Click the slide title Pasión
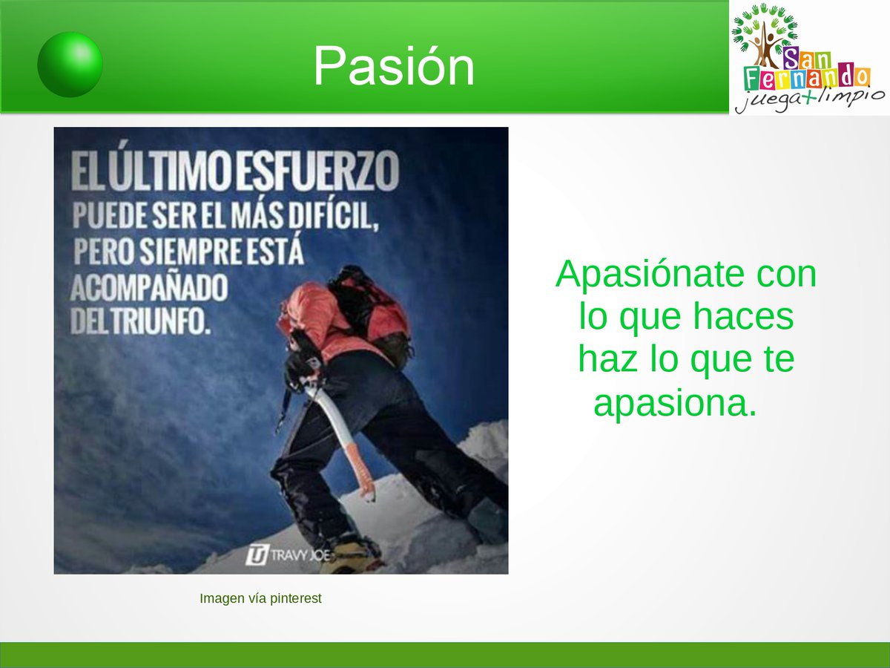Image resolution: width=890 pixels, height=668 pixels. [x=393, y=67]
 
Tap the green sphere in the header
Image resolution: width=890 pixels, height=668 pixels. [x=70, y=65]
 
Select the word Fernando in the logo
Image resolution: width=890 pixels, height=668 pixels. [x=806, y=77]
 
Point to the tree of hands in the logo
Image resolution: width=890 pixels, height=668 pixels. [x=764, y=33]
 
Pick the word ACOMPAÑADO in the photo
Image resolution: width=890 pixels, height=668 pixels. [x=148, y=288]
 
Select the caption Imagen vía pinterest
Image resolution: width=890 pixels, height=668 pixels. [x=260, y=598]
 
